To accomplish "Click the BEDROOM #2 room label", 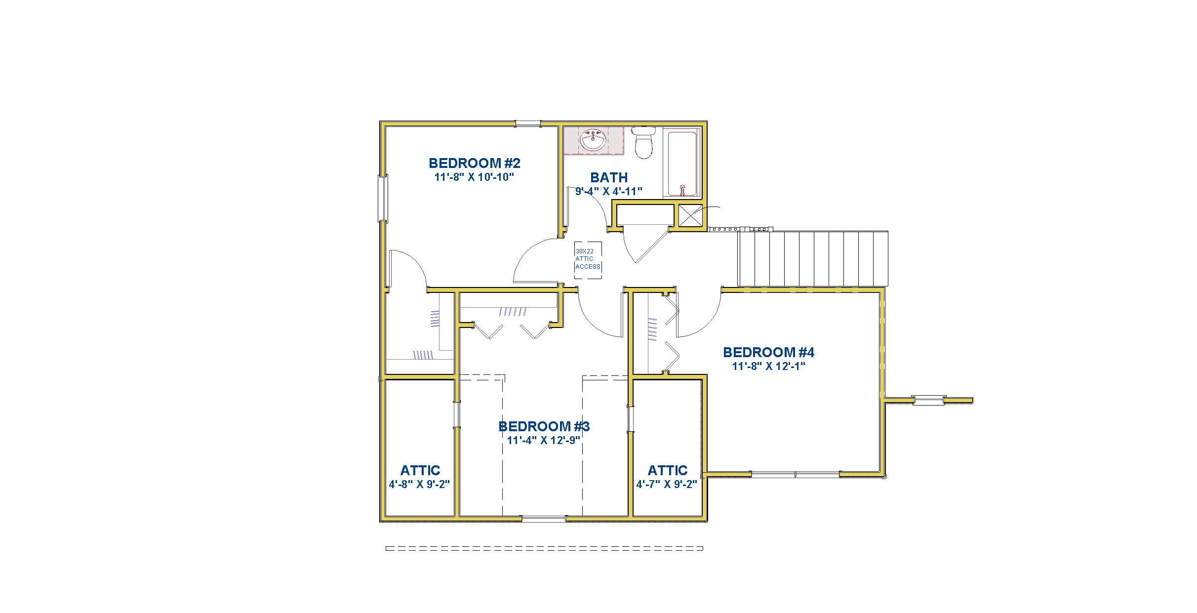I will pos(474,163).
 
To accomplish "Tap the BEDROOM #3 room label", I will pos(544,426).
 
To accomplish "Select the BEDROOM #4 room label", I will pos(768,352).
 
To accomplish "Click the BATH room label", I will pos(609,177).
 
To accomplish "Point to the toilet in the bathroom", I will pos(643,142).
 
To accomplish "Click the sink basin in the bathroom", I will pos(593,140).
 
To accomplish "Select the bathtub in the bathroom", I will pos(682,163).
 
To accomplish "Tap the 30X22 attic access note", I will pos(588,259).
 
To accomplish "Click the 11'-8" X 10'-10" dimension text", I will pos(474,177).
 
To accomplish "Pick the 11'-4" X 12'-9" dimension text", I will pos(544,441).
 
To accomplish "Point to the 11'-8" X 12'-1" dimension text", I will pos(768,367).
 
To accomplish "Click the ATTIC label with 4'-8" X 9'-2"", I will pos(420,470).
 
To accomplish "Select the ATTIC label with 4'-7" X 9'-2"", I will pos(667,470).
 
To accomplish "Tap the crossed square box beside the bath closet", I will pos(690,215).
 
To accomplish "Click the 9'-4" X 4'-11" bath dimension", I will pos(609,192).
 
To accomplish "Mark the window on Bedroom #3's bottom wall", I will pos(544,519).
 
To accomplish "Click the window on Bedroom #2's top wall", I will pos(528,123).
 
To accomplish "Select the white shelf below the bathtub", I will pos(645,215).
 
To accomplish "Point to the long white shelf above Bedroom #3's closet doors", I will pos(508,300).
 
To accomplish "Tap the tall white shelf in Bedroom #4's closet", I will pos(640,333).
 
